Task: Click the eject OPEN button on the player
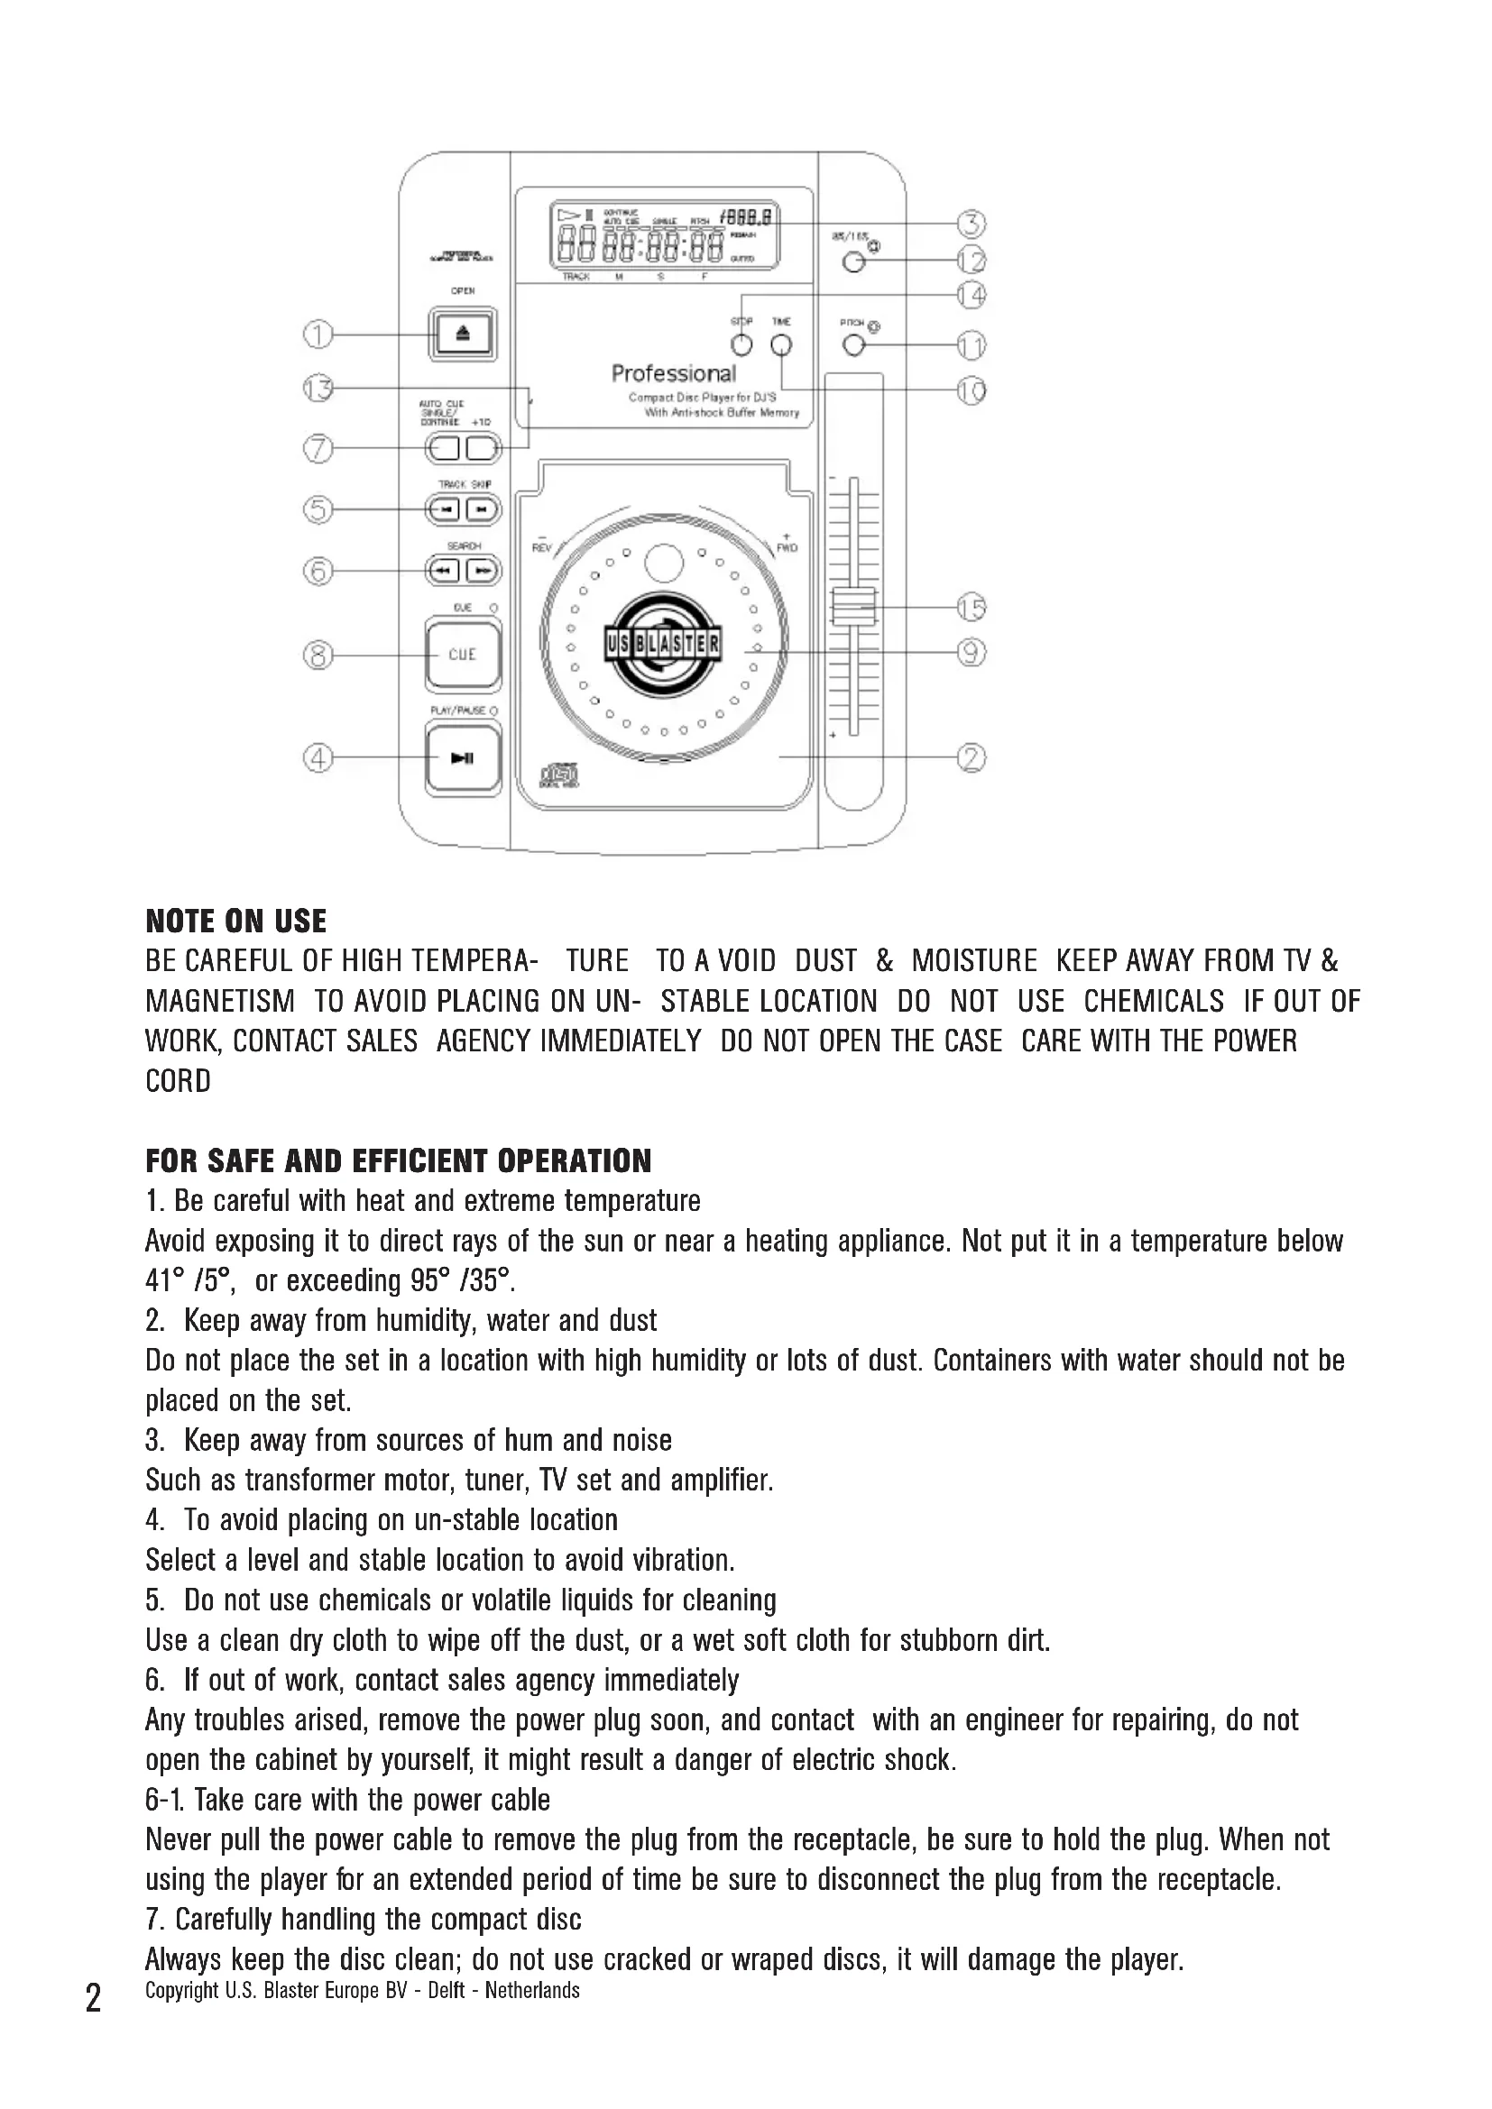462,335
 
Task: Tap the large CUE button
462,655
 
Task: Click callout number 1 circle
318,335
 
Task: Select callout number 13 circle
318,389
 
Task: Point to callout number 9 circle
972,652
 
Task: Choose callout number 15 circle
972,607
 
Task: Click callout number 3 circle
972,224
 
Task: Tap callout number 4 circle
318,758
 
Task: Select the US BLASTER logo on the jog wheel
663,644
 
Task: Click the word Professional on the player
674,374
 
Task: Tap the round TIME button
781,345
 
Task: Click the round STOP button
741,345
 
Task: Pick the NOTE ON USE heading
236,922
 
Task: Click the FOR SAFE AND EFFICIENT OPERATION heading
398,1161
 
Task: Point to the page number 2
93,1999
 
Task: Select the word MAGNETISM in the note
219,1001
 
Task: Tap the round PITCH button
853,345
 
